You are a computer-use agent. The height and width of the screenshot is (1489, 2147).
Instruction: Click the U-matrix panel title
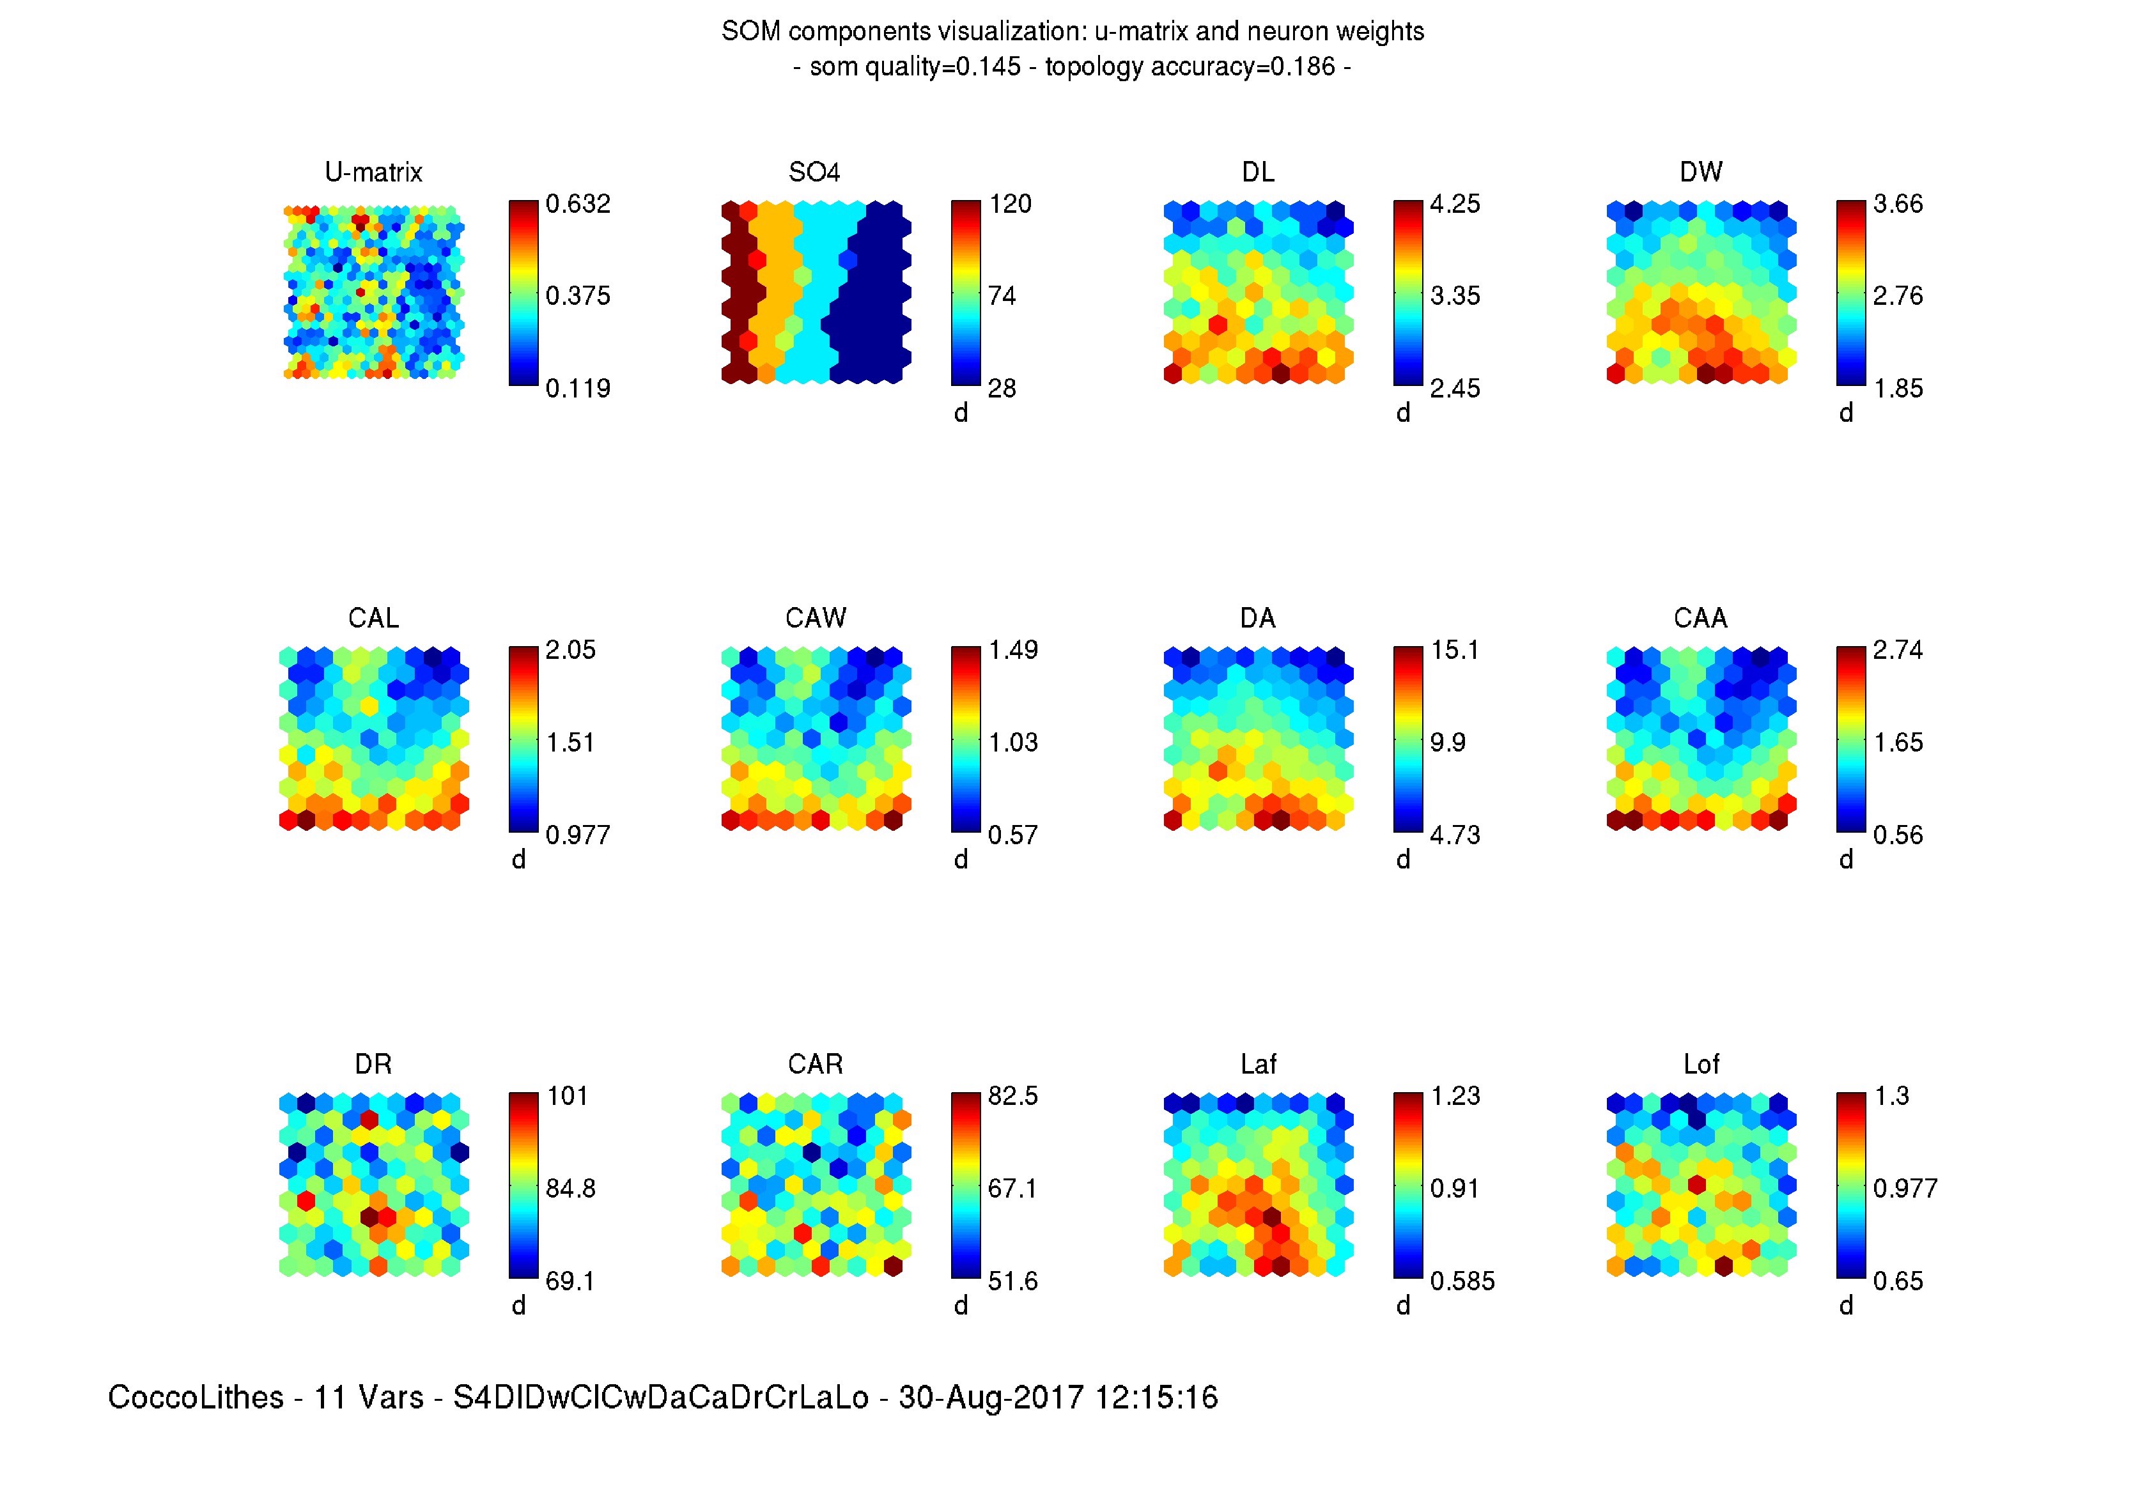pos(373,172)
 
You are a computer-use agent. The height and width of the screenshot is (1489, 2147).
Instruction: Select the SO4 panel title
pos(814,172)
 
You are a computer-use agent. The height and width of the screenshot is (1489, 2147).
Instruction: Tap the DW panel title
pos(1700,172)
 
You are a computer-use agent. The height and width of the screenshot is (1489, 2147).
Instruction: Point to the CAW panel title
pos(816,617)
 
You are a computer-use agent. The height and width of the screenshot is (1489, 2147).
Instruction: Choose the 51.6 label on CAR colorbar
pos(1012,1280)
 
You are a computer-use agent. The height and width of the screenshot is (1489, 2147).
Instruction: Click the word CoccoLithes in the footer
pos(196,1396)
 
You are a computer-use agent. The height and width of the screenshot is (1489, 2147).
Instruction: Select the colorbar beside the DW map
pos(1850,292)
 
